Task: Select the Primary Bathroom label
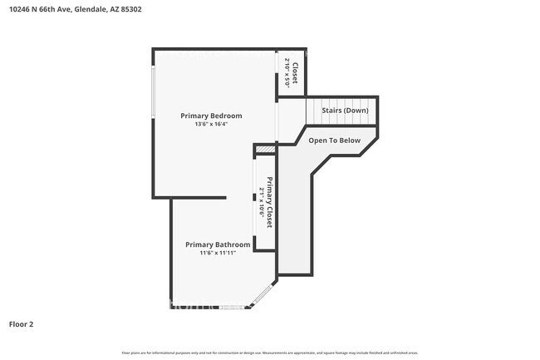tap(217, 244)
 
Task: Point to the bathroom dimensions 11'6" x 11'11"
tap(217, 253)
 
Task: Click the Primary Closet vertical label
tap(270, 202)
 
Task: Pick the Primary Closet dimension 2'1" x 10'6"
tap(262, 202)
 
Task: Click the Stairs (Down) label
tap(346, 111)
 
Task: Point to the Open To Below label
tap(334, 141)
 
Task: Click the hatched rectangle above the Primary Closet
tap(265, 150)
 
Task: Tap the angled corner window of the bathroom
tap(264, 295)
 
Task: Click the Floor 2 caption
tap(21, 323)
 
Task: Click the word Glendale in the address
tap(89, 10)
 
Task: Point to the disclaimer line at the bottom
tap(269, 353)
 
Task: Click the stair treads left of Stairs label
tap(315, 111)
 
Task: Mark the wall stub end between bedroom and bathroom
tap(225, 198)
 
